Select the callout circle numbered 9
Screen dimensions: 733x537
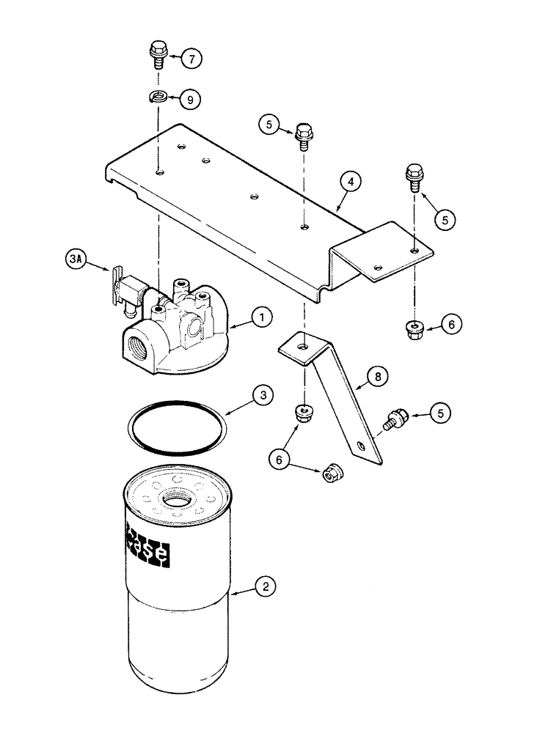pyautogui.click(x=189, y=100)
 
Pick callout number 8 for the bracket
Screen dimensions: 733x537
pyautogui.click(x=377, y=377)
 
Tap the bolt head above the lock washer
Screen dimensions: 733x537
pyautogui.click(x=156, y=51)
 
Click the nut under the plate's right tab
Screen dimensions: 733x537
pyautogui.click(x=414, y=330)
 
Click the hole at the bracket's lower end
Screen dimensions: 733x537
pyautogui.click(x=360, y=446)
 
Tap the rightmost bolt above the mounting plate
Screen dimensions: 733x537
pyautogui.click(x=412, y=177)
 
